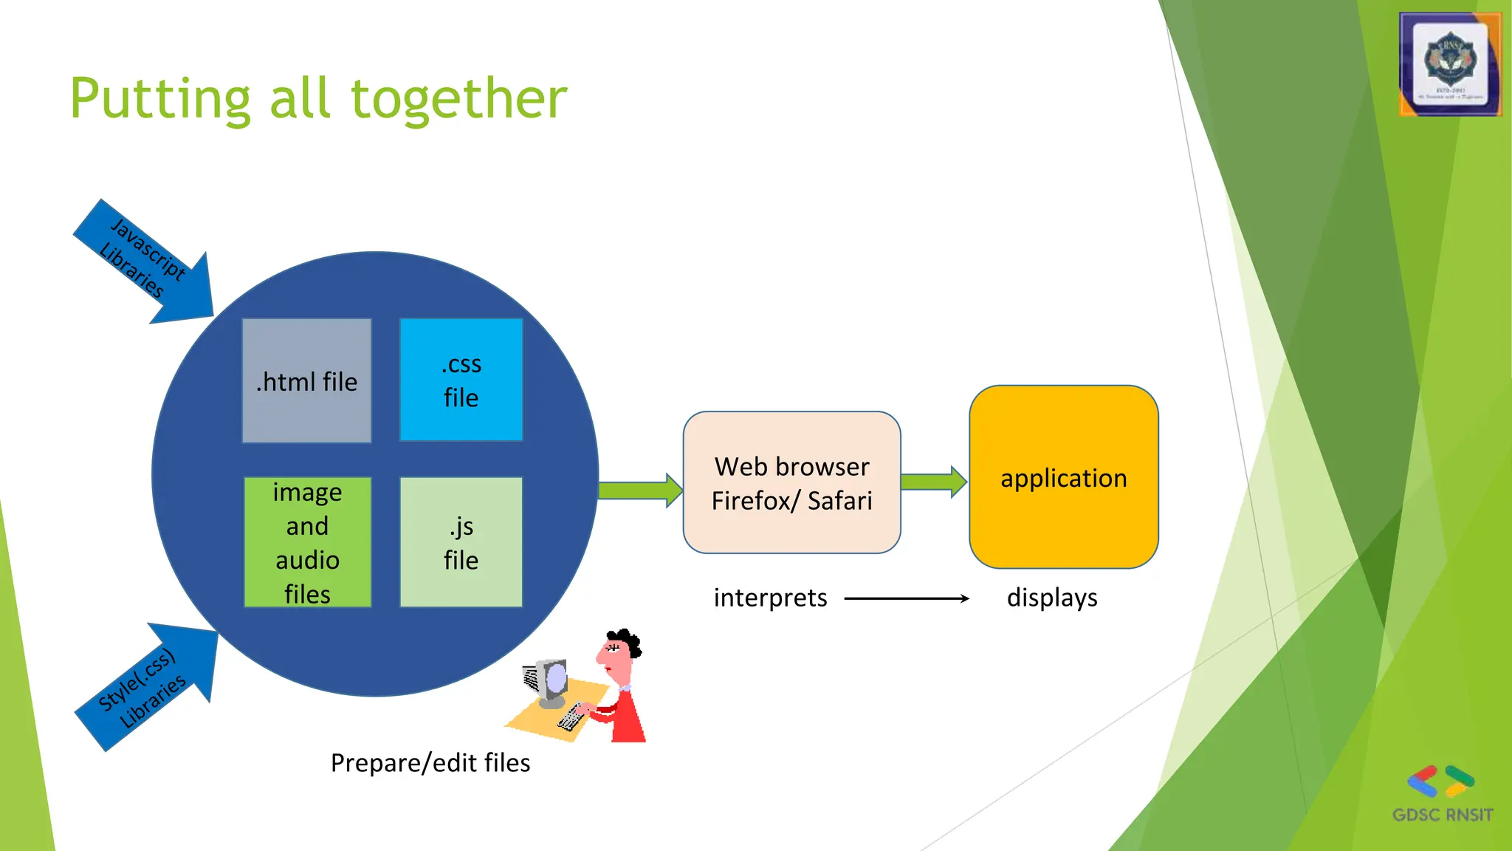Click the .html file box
[306, 381]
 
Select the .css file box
[461, 380]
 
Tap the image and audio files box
[307, 542]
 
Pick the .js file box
[461, 542]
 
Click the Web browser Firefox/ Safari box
[791, 483]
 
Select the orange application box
[1063, 477]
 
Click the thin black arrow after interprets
[907, 598]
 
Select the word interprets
[770, 598]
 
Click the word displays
[1051, 598]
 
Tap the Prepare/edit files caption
[430, 763]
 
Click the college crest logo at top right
[1450, 64]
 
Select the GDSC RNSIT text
[1442, 815]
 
